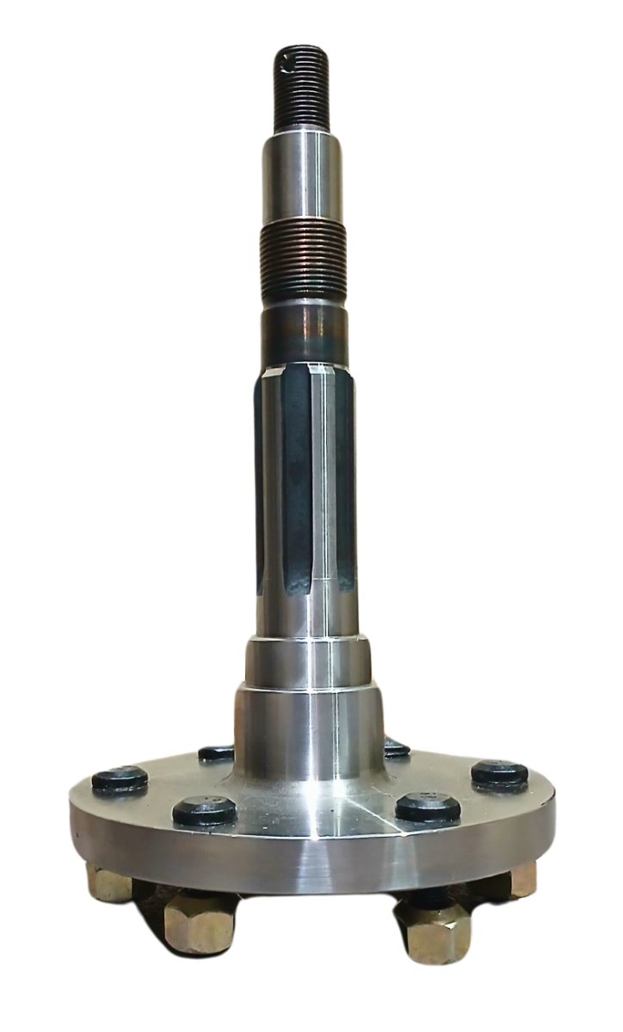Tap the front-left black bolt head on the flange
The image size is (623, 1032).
click(205, 810)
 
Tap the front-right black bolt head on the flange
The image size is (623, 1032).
click(427, 808)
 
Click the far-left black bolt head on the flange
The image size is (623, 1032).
click(120, 778)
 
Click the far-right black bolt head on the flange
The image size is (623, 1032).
click(500, 771)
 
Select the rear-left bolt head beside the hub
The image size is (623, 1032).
click(216, 752)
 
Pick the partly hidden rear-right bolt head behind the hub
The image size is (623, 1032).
click(396, 746)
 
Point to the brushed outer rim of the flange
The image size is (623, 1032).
click(310, 869)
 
